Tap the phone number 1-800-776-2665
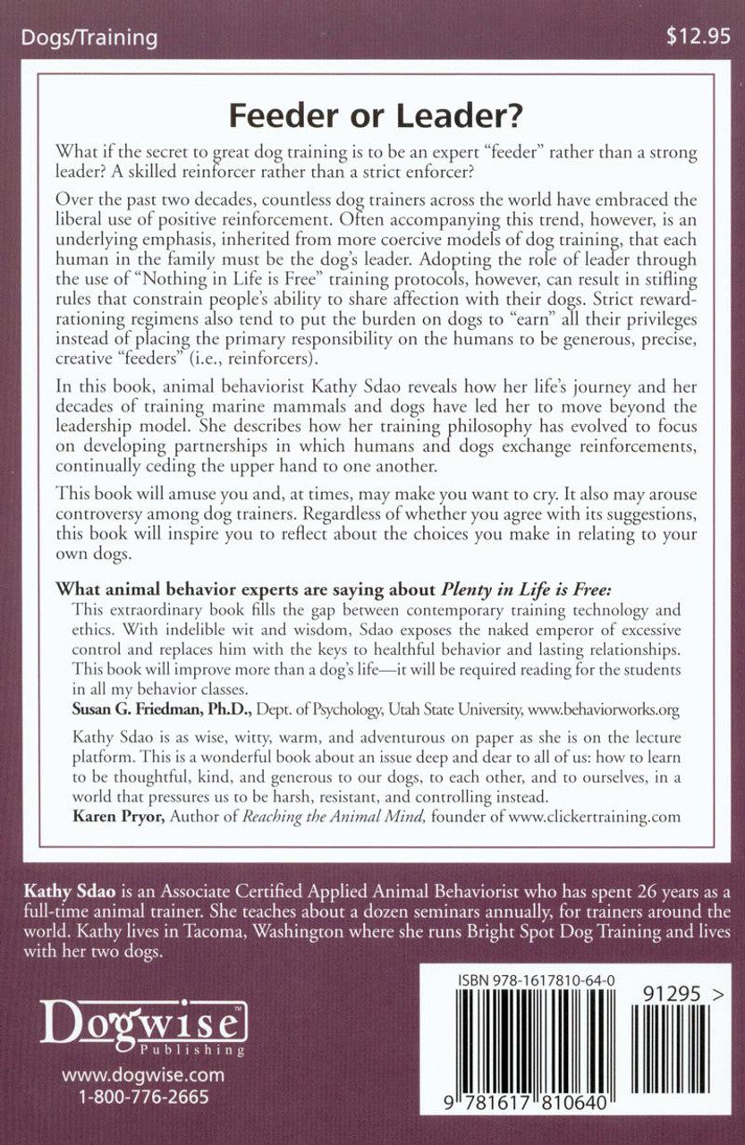pyautogui.click(x=143, y=1097)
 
